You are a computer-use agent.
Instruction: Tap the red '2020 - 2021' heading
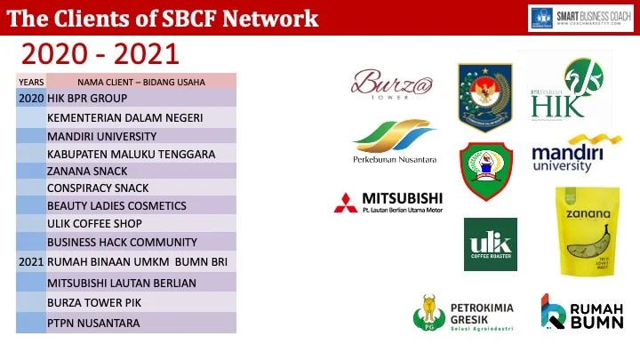[100, 55]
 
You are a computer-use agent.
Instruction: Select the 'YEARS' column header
[31, 82]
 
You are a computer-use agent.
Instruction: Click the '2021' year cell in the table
[31, 262]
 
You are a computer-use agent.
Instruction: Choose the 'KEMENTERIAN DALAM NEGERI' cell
[125, 118]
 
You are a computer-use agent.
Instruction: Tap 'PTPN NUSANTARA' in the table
[93, 323]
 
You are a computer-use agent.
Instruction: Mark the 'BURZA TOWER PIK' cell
[94, 303]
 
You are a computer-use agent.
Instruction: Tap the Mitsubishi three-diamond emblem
[346, 203]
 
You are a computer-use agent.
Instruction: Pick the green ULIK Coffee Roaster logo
[490, 244]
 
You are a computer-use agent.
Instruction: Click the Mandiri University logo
[575, 154]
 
